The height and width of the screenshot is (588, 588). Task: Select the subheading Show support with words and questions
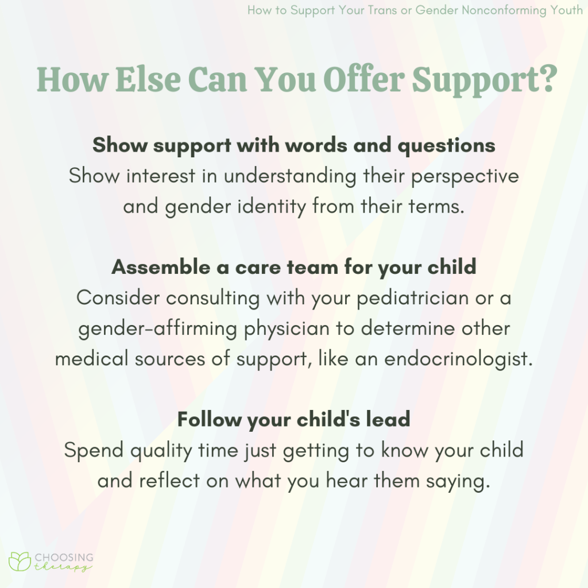[293, 145]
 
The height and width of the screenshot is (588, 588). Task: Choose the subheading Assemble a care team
[293, 267]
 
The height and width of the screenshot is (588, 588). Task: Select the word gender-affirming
[157, 329]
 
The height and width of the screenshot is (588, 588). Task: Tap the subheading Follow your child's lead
[293, 420]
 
